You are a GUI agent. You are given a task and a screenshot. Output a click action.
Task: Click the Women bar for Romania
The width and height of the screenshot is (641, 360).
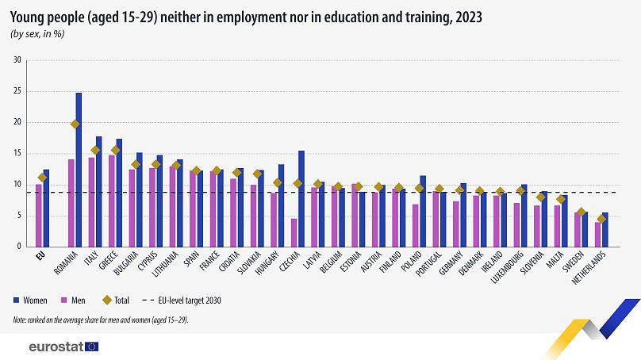coord(79,170)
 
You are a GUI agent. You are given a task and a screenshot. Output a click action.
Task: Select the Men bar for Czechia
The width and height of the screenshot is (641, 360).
coord(294,232)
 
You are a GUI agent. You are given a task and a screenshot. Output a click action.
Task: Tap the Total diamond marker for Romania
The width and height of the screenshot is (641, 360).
coord(75,124)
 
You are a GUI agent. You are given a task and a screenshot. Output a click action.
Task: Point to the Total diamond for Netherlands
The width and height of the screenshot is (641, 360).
coord(601,219)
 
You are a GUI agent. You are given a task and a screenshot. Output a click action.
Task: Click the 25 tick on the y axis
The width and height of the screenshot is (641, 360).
coord(17,91)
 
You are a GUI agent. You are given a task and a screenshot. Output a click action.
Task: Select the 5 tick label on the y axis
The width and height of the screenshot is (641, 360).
coord(18,216)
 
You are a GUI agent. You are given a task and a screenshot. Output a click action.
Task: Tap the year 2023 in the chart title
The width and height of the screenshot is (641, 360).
coord(464,16)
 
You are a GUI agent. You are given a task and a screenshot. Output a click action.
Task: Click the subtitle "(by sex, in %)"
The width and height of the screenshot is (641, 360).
coord(37,33)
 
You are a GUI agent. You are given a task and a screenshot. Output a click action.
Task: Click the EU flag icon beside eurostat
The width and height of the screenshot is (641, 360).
coord(92,347)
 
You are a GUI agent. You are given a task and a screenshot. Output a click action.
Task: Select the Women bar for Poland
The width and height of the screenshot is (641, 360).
coord(424,211)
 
